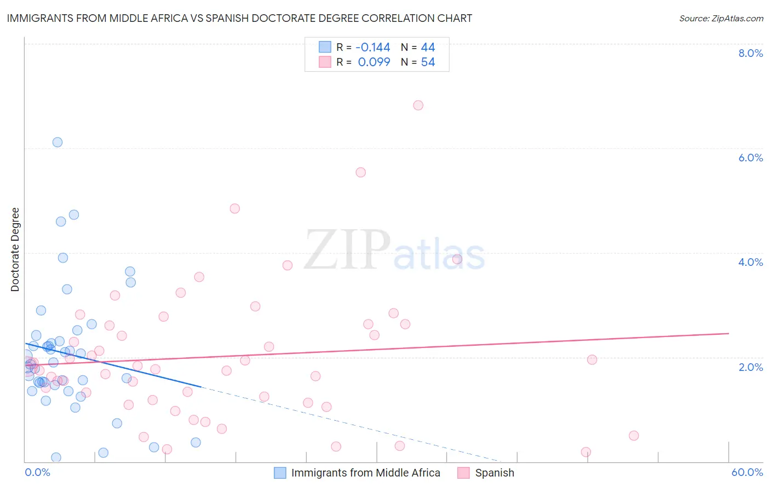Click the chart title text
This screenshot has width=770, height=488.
(239, 18)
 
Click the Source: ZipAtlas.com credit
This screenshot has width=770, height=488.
(721, 19)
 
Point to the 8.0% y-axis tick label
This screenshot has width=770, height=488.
(750, 53)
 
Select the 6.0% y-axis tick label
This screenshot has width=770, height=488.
(750, 158)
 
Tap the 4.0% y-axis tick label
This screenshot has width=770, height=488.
(750, 262)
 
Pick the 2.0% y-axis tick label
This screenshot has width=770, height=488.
(750, 367)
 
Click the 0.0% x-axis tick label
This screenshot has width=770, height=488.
(37, 472)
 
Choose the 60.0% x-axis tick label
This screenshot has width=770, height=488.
(747, 472)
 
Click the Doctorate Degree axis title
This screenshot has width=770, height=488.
(15, 249)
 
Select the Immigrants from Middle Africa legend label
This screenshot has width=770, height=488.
(365, 473)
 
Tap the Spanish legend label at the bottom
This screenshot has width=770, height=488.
(495, 473)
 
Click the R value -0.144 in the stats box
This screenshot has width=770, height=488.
(372, 48)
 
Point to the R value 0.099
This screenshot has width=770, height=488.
(374, 62)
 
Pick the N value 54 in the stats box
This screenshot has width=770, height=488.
(428, 62)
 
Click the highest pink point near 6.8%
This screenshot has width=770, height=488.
(418, 105)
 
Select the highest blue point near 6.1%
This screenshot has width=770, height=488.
(58, 142)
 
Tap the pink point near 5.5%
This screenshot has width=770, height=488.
(360, 172)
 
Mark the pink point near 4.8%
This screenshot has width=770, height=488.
(235, 208)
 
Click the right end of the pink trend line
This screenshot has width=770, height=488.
(728, 333)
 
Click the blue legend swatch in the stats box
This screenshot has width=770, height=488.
(325, 47)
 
